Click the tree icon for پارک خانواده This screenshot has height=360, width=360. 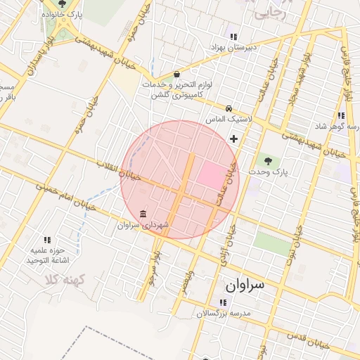(63, 4)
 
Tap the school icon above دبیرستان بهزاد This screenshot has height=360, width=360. (233, 37)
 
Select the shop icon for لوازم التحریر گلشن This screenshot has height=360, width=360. (176, 74)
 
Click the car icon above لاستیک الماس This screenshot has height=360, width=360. (229, 108)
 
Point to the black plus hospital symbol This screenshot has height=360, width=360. (233, 139)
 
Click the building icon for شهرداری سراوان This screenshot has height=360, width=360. (143, 214)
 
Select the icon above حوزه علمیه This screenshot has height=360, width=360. (47, 240)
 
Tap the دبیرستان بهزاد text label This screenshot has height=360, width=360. (235, 47)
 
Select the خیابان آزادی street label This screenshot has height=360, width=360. (224, 254)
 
